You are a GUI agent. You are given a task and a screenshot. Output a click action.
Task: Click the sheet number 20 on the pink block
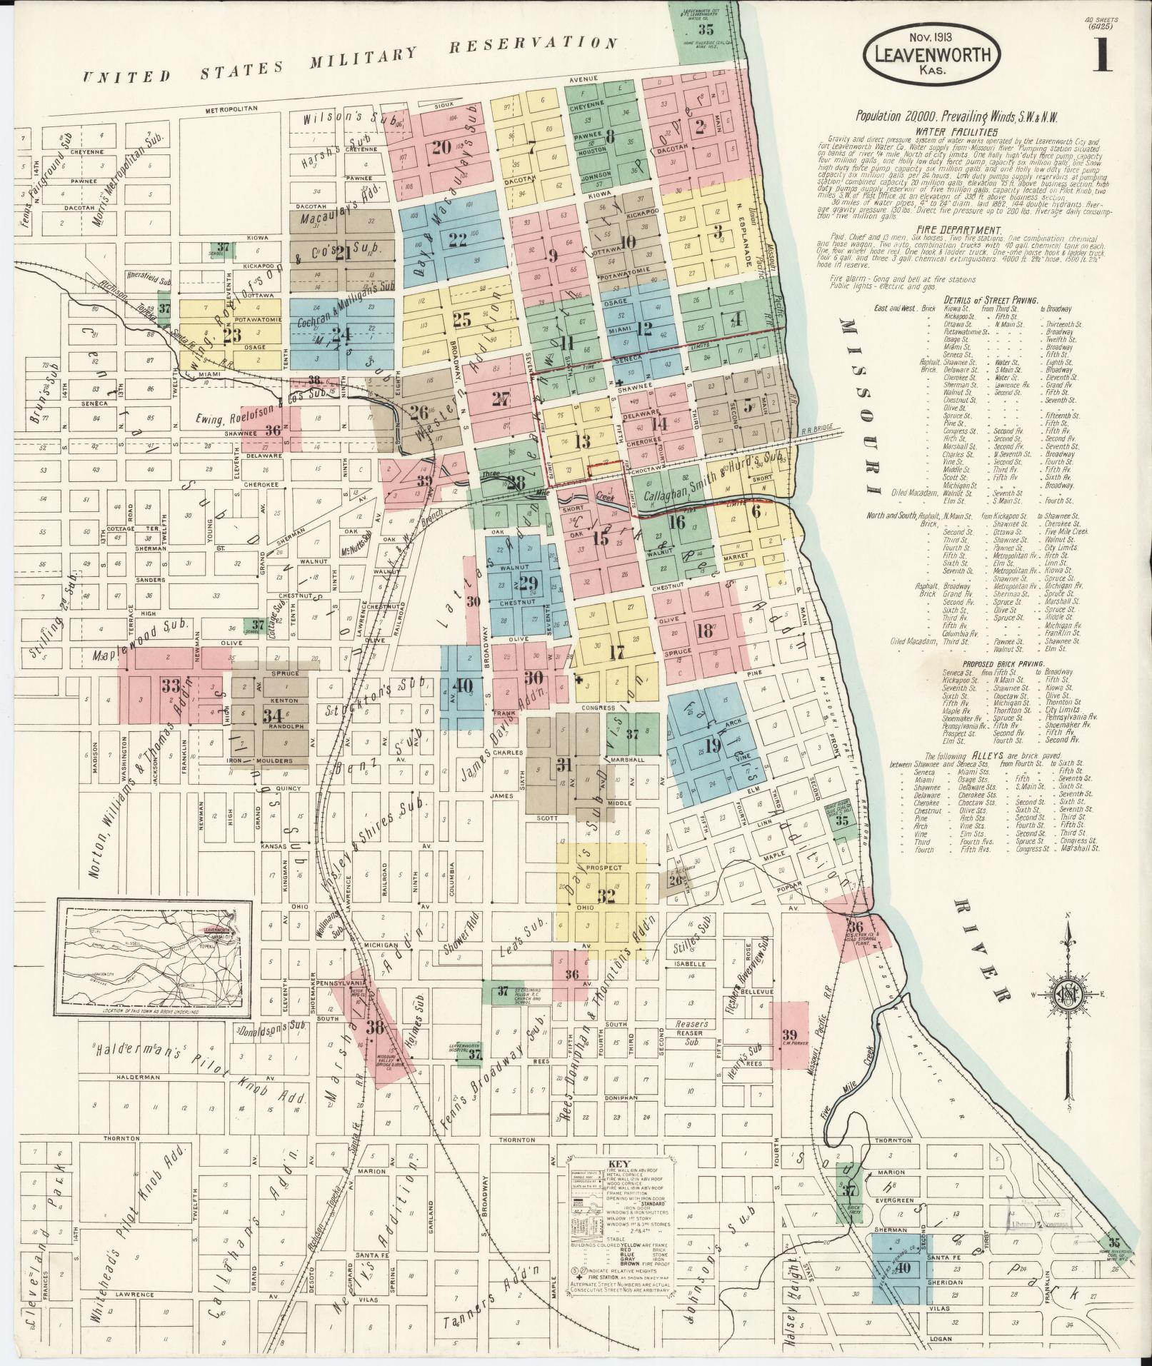pos(441,148)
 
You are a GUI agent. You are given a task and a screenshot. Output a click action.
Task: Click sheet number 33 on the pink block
pos(170,685)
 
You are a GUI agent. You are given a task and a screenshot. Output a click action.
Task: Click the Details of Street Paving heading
pos(990,300)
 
